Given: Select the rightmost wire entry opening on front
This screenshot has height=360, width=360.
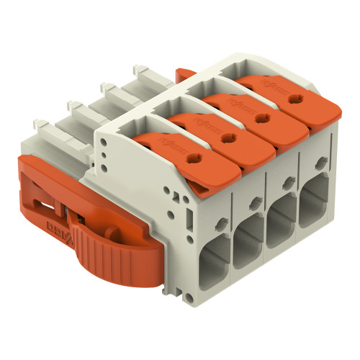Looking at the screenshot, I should [317, 202].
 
